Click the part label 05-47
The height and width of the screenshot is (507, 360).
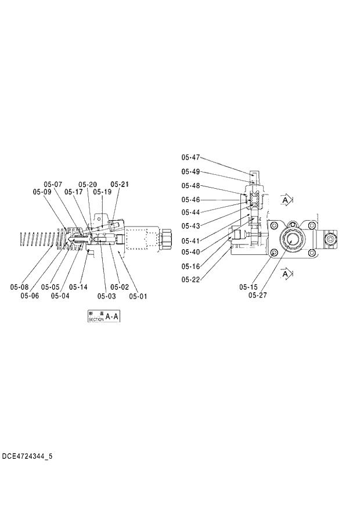(190, 157)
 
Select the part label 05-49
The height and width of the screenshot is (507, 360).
(190, 171)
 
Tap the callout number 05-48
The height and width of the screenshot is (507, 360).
(190, 186)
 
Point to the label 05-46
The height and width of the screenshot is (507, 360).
(190, 200)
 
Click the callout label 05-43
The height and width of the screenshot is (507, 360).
(190, 225)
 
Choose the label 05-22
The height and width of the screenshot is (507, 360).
(190, 280)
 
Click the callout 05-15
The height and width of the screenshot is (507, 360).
(249, 287)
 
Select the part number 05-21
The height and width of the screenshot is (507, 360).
(120, 185)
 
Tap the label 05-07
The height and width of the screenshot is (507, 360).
(53, 185)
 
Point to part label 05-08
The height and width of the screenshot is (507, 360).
(19, 287)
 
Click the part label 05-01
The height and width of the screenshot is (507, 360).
(138, 296)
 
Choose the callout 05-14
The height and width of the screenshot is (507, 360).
(78, 287)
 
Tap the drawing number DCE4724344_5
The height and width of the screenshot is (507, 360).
(27, 456)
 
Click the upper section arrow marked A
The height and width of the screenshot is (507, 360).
(285, 200)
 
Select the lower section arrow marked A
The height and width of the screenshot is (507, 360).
(285, 272)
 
